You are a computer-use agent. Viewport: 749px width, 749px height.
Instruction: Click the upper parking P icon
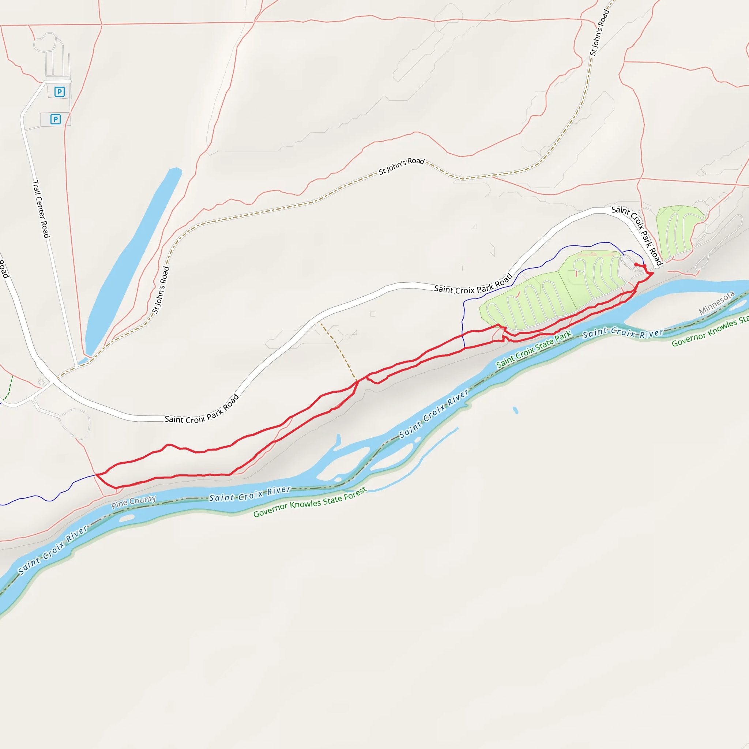point(59,92)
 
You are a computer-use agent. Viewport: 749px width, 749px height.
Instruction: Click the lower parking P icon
point(56,119)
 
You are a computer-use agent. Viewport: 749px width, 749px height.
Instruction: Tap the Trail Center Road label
point(41,209)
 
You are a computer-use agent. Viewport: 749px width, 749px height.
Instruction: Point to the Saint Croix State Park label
point(534,349)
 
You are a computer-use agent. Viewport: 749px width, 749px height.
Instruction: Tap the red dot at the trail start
point(636,264)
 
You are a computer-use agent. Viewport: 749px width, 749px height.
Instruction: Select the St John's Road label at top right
point(599,33)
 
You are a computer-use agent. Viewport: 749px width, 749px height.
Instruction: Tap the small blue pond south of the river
point(515,410)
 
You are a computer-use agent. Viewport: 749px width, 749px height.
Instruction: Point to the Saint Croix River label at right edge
point(622,332)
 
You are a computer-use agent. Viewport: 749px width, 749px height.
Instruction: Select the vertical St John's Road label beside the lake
point(161,290)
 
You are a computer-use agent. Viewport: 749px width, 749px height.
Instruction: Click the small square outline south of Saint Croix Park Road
point(373,314)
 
